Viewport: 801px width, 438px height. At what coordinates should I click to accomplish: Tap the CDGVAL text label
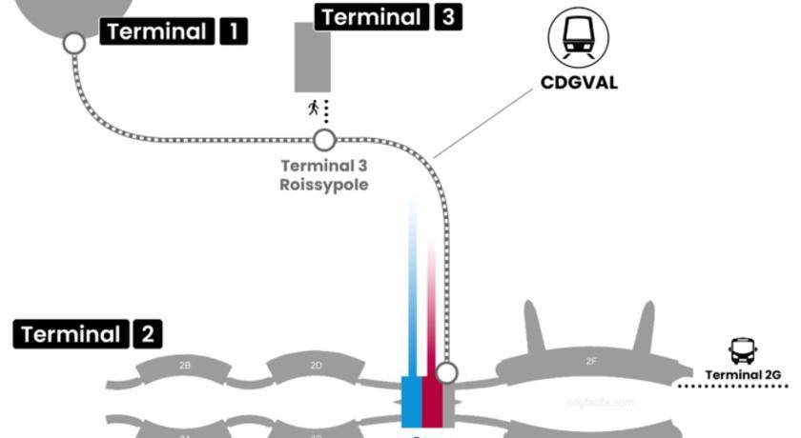579,83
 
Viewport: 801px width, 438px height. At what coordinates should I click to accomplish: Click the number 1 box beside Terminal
233,31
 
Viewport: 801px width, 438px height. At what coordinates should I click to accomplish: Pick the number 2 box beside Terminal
148,334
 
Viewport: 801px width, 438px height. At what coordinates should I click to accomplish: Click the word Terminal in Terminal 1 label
156,31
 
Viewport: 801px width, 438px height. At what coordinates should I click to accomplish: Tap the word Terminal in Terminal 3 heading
372,17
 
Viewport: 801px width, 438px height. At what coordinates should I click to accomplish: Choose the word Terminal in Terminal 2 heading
71,334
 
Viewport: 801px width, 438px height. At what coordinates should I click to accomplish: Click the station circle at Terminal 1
73,43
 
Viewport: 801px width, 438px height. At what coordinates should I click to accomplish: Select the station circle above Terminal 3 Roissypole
324,141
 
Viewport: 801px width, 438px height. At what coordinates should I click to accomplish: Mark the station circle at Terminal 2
445,372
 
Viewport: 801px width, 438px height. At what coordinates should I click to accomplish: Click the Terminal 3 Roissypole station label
323,175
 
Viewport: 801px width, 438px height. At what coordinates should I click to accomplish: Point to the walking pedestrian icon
313,108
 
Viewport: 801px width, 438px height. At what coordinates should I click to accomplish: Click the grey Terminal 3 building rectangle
312,57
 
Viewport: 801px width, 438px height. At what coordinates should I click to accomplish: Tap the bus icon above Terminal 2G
742,351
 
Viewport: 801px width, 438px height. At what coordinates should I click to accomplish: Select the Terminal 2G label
743,375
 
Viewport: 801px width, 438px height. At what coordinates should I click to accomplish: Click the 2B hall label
185,366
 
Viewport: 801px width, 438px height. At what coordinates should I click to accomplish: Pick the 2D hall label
316,366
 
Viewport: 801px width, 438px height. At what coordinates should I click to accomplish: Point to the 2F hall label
591,362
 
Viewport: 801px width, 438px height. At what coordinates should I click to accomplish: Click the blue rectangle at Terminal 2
411,400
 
